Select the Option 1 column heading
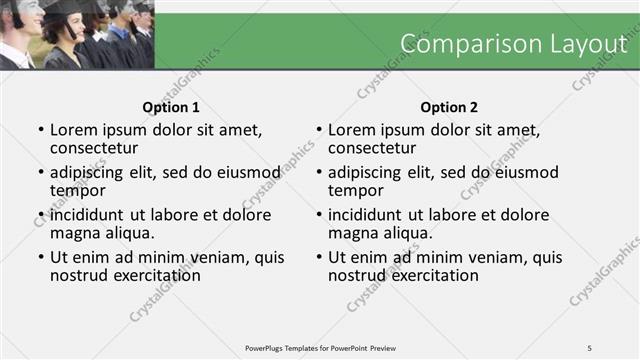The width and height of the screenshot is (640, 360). click(x=171, y=107)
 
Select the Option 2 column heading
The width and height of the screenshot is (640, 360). click(x=449, y=107)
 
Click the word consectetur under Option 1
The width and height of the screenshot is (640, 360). click(x=94, y=149)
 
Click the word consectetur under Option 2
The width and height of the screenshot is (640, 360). click(x=372, y=149)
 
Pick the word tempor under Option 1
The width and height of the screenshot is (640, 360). click(x=78, y=191)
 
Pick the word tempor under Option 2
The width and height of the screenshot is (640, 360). click(x=356, y=191)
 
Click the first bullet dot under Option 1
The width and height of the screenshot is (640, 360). click(x=41, y=130)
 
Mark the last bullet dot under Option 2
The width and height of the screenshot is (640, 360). click(x=319, y=257)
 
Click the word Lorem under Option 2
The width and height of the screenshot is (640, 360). click(x=351, y=130)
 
